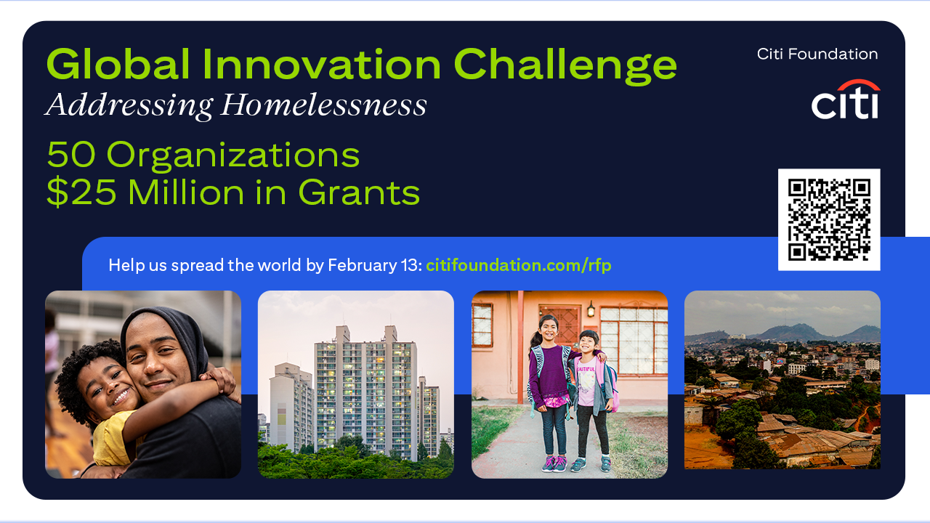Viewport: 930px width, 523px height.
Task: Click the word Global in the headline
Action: coord(118,65)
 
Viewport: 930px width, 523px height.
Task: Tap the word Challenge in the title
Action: coord(565,66)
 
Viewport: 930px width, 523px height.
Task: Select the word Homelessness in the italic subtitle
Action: coord(323,105)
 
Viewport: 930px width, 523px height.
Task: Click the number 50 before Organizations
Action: coord(71,155)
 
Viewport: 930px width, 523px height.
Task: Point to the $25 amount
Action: coord(81,192)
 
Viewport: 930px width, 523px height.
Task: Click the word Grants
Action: coord(359,192)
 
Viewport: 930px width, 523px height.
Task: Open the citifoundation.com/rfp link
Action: coord(519,265)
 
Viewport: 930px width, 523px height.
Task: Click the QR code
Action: coord(829,219)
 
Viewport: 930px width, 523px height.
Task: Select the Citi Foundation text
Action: coord(817,54)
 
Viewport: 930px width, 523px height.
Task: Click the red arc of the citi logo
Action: coord(859,85)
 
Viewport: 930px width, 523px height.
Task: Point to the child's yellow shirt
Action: coord(110,438)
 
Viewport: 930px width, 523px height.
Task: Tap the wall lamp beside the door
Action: coord(591,309)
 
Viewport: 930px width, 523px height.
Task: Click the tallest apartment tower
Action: coord(365,390)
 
